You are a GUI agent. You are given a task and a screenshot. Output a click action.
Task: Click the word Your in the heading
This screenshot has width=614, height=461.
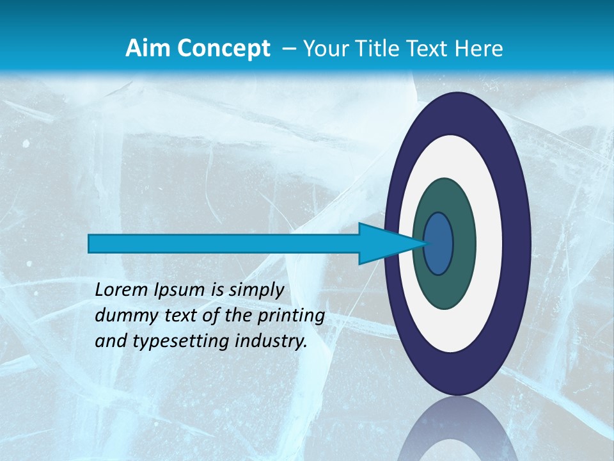click(x=326, y=49)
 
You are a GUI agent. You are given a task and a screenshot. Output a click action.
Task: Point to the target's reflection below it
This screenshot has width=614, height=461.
click(x=457, y=432)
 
